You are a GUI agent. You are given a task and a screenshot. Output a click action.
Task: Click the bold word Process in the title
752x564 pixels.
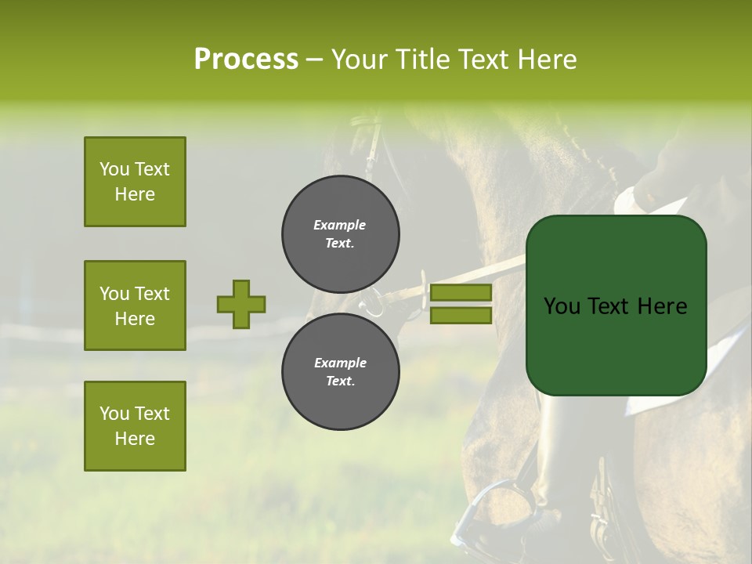pos(246,59)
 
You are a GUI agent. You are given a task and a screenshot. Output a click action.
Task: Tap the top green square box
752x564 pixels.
pos(135,182)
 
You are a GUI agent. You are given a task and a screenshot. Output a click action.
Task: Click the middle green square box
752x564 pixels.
pos(135,305)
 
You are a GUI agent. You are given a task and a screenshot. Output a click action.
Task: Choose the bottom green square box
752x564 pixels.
pos(135,426)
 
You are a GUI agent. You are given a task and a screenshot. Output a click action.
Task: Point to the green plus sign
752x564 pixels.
pos(241,304)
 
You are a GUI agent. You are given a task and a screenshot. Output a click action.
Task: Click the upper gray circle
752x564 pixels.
pos(340,234)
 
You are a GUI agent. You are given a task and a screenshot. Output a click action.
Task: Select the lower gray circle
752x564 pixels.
pos(340,372)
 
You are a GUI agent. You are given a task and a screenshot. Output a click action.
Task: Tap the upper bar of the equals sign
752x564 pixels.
pos(461,293)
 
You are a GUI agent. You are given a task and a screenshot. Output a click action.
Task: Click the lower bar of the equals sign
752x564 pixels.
pos(461,315)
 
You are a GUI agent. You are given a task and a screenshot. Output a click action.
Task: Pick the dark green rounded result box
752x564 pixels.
pos(616,305)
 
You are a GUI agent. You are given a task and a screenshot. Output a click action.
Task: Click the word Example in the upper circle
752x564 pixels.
pos(340,225)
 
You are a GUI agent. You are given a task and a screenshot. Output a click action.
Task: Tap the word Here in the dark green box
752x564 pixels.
pos(662,306)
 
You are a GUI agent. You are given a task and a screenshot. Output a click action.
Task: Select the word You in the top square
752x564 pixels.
pos(114,169)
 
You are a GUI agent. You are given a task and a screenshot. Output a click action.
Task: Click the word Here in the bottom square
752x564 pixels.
pos(135,439)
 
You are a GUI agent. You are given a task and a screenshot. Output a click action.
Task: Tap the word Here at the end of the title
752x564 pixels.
pos(548,59)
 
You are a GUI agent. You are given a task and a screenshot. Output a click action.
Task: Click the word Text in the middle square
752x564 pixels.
pos(152,294)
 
